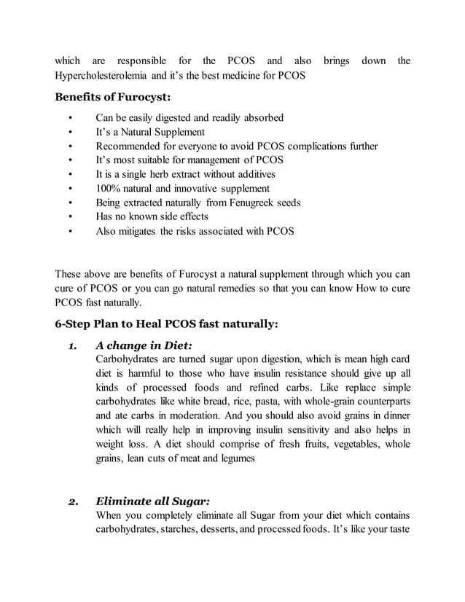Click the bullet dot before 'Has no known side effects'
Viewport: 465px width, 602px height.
pyautogui.click(x=70, y=217)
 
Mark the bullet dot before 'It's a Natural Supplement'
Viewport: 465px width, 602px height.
pyautogui.click(x=70, y=133)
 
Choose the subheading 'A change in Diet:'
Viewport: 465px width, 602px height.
pyautogui.click(x=144, y=345)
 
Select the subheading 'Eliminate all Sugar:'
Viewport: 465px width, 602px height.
pyautogui.click(x=153, y=501)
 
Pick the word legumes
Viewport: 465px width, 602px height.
pyautogui.click(x=235, y=458)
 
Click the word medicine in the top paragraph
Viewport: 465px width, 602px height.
pyautogui.click(x=241, y=75)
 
